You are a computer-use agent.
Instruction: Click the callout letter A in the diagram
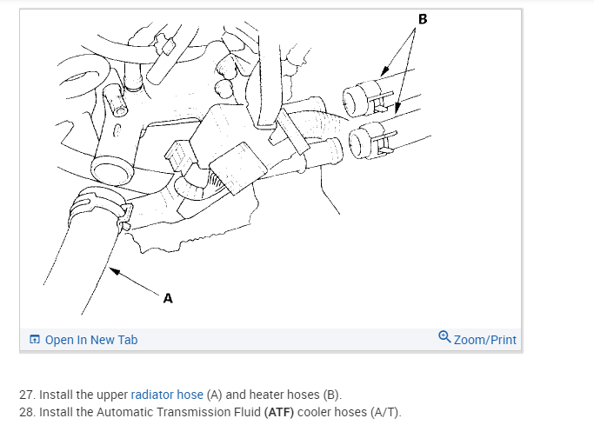point(168,298)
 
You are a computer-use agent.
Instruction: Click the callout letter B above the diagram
point(423,18)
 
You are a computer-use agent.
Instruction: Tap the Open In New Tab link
point(90,340)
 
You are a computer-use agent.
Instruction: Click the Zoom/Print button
point(484,340)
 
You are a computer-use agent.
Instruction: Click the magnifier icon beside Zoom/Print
point(444,338)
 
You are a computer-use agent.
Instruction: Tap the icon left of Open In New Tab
point(34,340)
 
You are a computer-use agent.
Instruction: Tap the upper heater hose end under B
point(358,98)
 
